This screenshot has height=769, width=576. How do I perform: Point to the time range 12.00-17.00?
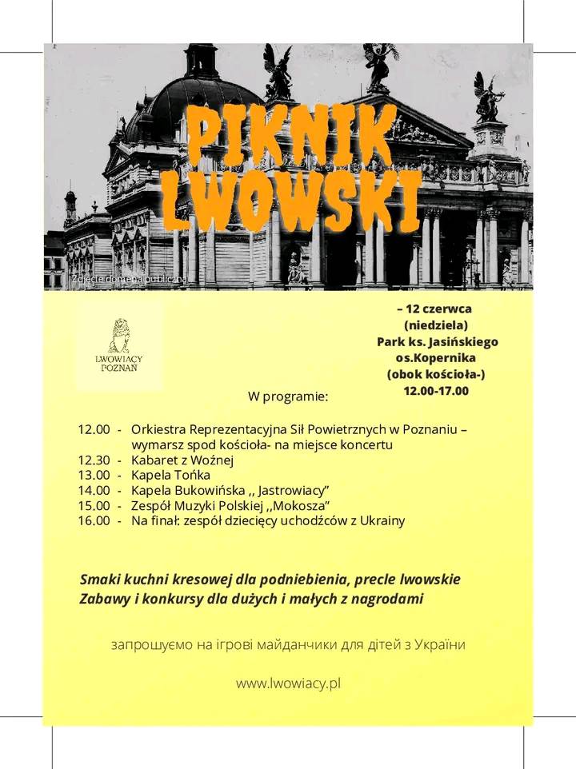coord(436,391)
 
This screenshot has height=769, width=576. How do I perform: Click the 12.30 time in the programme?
coord(94,460)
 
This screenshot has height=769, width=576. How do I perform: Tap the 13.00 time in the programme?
coord(94,475)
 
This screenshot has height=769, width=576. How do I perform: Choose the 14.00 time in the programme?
coord(94,490)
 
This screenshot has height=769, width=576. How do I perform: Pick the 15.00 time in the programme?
coord(94,505)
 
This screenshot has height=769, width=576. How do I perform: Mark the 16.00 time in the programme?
coord(94,520)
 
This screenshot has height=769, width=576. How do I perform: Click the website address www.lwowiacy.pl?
coord(288,683)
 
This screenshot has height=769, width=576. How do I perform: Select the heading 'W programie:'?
coord(288,396)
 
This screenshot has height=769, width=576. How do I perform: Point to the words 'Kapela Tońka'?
coord(159,475)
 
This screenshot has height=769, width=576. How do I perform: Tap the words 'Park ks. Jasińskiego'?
coord(438,341)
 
